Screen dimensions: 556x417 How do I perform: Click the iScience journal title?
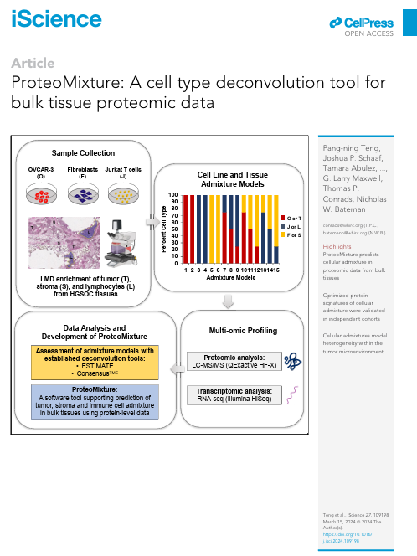[x=49, y=19]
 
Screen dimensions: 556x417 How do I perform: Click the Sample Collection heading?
[x=84, y=152]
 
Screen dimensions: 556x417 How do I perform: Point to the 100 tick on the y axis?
[x=173, y=195]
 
